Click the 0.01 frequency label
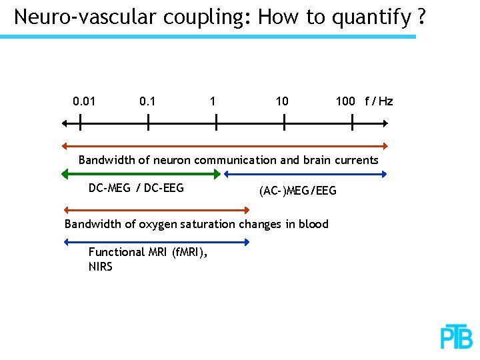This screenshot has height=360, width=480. click(x=83, y=101)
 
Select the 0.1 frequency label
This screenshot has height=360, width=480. click(x=147, y=101)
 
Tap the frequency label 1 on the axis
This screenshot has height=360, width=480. click(x=212, y=101)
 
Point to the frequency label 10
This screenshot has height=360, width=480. click(x=282, y=101)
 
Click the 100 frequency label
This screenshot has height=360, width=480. click(x=345, y=101)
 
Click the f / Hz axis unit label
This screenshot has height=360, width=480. click(x=379, y=101)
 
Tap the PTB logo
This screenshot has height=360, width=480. click(x=457, y=337)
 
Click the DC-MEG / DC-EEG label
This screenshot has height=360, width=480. click(x=136, y=188)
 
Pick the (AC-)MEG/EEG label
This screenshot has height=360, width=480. click(x=298, y=191)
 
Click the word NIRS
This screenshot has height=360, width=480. click(x=101, y=267)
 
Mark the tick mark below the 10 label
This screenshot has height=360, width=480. click(x=284, y=123)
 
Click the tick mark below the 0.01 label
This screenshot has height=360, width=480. click(x=80, y=123)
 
